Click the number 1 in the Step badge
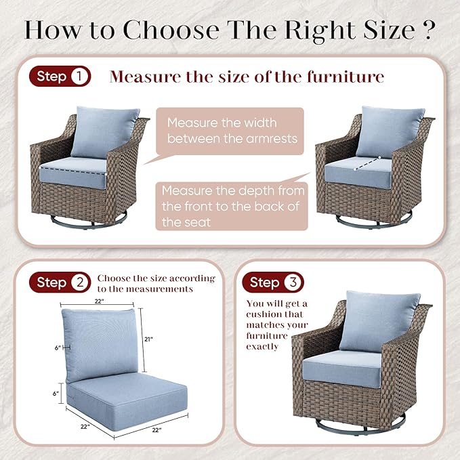79,77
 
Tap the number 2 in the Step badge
79,283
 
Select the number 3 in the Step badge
293,283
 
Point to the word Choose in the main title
171,30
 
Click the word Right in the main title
320,30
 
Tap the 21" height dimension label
149,339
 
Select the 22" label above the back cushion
100,301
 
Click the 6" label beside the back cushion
58,348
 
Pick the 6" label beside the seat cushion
56,394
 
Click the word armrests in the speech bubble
272,138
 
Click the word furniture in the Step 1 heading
346,77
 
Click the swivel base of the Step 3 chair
360,425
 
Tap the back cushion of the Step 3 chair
379,320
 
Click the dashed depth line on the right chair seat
367,163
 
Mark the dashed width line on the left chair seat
72,171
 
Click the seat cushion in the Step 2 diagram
127,402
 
